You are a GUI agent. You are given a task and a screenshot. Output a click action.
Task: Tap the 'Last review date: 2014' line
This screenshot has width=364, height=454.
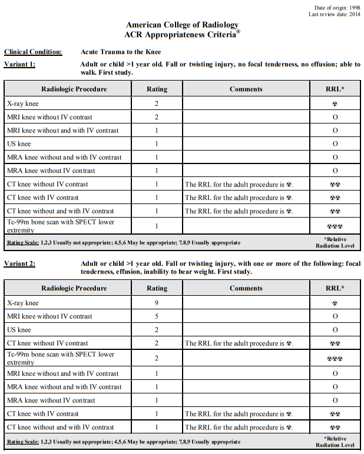click(334, 14)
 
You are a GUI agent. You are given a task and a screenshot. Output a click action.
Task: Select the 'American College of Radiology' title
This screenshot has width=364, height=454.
click(182, 25)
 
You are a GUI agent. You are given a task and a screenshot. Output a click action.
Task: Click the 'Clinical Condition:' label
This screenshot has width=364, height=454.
click(33, 52)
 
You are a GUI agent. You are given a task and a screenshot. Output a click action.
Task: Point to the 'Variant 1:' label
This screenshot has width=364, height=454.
click(19, 64)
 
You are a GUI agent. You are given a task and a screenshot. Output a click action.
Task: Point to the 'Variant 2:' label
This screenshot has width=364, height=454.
click(19, 263)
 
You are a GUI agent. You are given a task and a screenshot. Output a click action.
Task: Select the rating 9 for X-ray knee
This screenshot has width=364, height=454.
click(157, 303)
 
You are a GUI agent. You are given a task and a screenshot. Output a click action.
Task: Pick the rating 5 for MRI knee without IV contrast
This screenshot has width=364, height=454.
click(157, 316)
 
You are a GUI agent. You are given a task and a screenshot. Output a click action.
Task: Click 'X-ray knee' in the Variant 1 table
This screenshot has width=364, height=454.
click(23, 104)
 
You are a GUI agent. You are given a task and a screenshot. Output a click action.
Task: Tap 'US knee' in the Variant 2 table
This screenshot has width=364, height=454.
click(19, 330)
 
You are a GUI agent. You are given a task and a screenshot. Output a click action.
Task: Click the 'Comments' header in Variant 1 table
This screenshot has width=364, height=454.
click(246, 89)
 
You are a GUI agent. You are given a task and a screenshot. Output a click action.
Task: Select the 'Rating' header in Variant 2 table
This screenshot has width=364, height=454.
click(157, 289)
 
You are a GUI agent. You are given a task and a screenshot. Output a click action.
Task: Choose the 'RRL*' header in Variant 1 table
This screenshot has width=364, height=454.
click(335, 89)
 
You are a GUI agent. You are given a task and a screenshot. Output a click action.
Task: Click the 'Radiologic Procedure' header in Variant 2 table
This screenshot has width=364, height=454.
click(74, 289)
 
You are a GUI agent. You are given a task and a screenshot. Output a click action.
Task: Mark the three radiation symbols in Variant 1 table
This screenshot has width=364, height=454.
click(335, 226)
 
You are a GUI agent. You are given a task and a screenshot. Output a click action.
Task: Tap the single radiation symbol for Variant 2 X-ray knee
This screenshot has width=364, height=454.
click(335, 303)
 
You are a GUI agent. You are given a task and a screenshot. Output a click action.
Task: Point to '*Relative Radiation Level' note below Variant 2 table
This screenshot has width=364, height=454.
click(335, 441)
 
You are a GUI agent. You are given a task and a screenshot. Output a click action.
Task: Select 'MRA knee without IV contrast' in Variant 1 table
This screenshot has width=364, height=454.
click(51, 171)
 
